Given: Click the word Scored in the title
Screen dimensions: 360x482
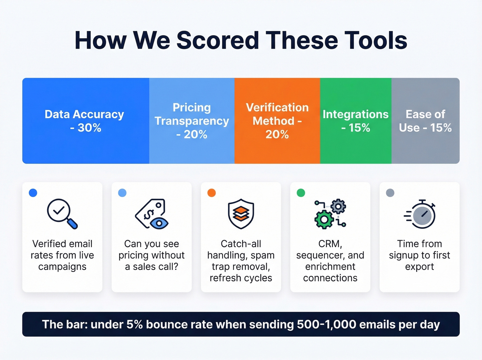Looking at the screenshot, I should point(217,40).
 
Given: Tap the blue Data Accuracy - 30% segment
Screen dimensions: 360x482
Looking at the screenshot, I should point(85,121).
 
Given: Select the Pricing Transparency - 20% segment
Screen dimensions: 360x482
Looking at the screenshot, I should point(192,121).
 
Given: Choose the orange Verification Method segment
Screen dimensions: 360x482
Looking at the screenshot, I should point(277,121).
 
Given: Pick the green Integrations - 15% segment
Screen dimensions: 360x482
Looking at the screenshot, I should point(356,121).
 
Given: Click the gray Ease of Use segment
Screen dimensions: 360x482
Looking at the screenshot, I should point(425,121).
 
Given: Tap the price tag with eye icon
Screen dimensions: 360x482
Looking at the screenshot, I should point(152,214).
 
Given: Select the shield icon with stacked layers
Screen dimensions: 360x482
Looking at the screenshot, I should point(241,214).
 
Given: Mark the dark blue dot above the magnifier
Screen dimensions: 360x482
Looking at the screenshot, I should point(33,193).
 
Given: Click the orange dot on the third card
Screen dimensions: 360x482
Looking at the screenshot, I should point(212,193).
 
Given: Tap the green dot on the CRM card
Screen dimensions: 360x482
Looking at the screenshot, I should point(301,193).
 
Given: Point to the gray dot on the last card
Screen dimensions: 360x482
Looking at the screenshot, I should point(390,193).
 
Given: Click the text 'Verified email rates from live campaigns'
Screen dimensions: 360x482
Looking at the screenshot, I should point(62,255).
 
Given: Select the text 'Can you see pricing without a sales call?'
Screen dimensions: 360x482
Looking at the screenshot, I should point(151,255).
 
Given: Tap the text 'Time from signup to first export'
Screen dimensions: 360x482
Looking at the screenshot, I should point(419,255).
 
